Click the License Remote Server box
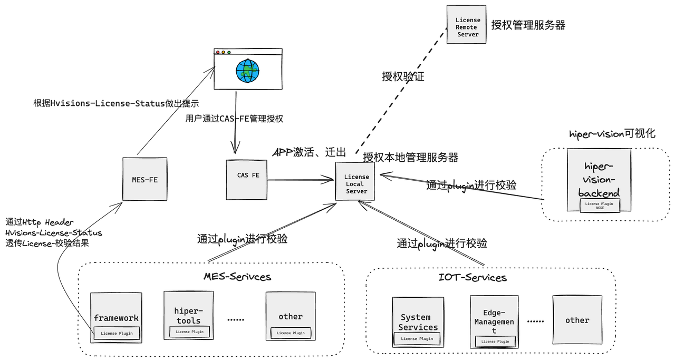[x=466, y=25]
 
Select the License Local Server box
[x=355, y=182]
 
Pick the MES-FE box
[x=144, y=179]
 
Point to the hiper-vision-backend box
[x=599, y=179]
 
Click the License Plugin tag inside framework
[x=117, y=333]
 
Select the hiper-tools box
[x=188, y=315]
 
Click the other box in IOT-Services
[x=577, y=320]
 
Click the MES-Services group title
[x=237, y=276]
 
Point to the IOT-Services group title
[x=472, y=277]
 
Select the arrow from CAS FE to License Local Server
[x=301, y=180]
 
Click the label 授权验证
[x=403, y=77]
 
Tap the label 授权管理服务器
[x=528, y=25]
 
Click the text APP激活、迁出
[x=309, y=153]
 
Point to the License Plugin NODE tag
[x=600, y=206]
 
